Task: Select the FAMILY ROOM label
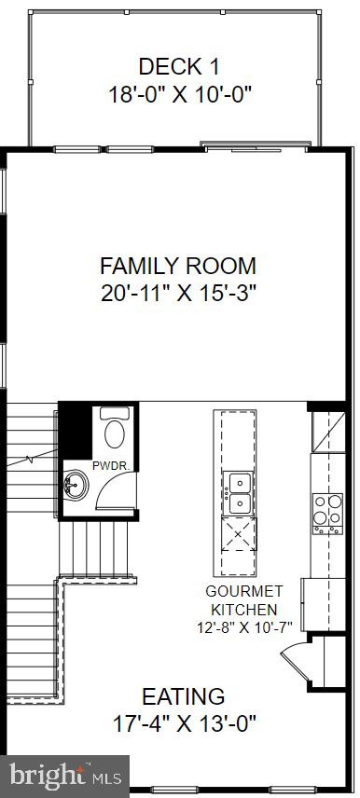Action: click(178, 265)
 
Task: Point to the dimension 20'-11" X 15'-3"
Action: click(178, 293)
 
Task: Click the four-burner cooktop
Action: click(327, 512)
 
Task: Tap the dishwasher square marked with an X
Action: click(238, 536)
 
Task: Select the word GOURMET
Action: click(243, 591)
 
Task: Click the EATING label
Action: click(183, 695)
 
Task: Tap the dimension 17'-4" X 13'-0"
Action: click(183, 722)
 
